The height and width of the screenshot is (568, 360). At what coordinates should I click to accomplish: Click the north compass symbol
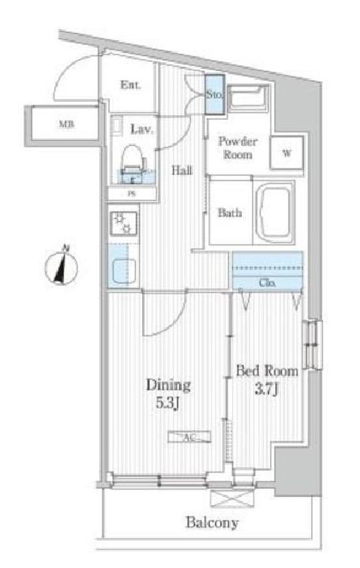(62, 267)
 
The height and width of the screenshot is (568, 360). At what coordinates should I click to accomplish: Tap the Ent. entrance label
(130, 85)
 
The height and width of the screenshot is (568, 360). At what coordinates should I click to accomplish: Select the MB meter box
(65, 124)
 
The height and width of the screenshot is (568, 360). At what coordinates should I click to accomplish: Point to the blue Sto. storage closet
(214, 95)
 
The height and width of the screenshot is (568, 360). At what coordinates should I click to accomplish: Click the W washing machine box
(287, 153)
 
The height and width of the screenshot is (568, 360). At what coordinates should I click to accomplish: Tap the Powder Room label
(238, 148)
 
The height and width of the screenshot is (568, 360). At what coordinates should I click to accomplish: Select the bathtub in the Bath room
(276, 212)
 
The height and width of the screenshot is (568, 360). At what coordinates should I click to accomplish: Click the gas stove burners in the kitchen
(124, 222)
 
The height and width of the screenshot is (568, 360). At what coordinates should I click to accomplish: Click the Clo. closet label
(267, 282)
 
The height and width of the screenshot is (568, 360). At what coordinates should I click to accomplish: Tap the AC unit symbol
(189, 437)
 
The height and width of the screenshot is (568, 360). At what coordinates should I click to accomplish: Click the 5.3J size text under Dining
(167, 403)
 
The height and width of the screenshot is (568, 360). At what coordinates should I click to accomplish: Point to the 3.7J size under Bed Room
(267, 390)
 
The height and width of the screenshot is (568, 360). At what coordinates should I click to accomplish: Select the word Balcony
(212, 522)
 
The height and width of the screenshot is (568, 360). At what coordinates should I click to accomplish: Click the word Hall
(182, 170)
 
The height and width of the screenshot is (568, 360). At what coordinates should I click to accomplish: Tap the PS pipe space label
(132, 194)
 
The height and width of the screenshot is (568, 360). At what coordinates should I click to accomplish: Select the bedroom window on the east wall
(312, 344)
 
